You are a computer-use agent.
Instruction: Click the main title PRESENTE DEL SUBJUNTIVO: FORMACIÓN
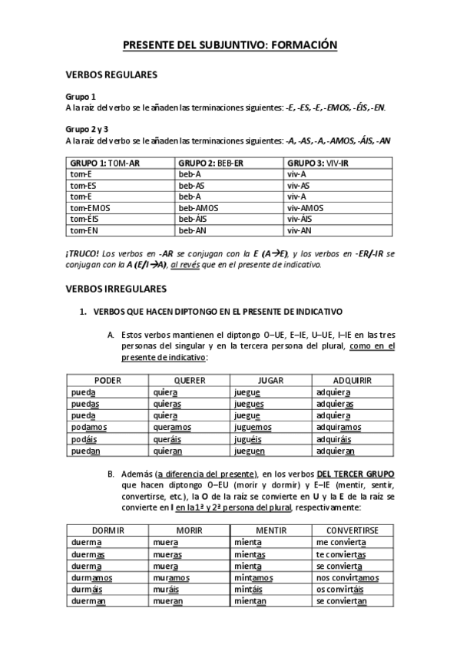tap(230, 46)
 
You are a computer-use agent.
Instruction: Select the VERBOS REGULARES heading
tap(111, 75)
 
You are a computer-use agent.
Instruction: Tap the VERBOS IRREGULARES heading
tap(117, 289)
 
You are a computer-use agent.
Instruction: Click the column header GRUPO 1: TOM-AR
tap(105, 164)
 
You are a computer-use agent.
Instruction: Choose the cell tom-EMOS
tap(89, 207)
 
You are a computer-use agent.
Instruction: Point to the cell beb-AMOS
tap(197, 207)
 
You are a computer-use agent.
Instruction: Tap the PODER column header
tap(108, 380)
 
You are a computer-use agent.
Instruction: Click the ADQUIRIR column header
tap(353, 380)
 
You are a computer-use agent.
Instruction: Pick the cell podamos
tap(88, 427)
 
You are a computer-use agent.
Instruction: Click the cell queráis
tap(167, 439)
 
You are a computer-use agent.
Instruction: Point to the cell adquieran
tap(336, 451)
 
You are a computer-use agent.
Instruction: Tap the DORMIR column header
tap(108, 530)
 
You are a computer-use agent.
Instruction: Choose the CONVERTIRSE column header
tap(353, 530)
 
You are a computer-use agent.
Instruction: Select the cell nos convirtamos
tap(347, 577)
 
